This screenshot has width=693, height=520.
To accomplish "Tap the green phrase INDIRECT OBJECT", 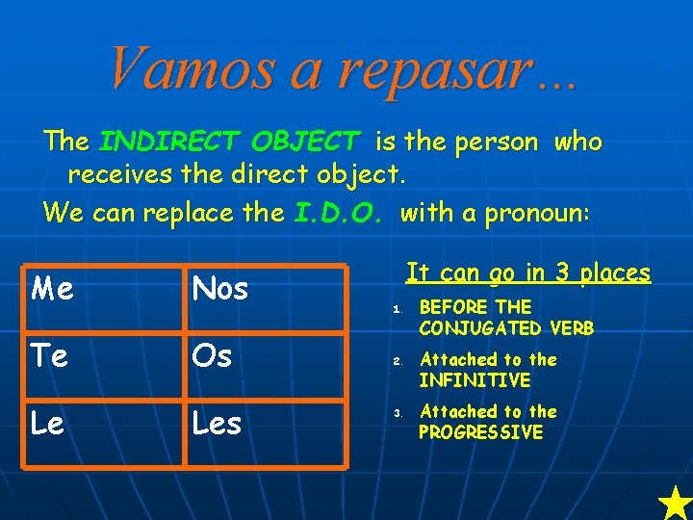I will click(x=230, y=143).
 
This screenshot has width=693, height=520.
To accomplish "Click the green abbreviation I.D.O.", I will click(x=343, y=212).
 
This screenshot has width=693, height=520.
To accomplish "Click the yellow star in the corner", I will click(x=675, y=503).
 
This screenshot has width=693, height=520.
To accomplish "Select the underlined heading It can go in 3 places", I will click(x=527, y=273).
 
